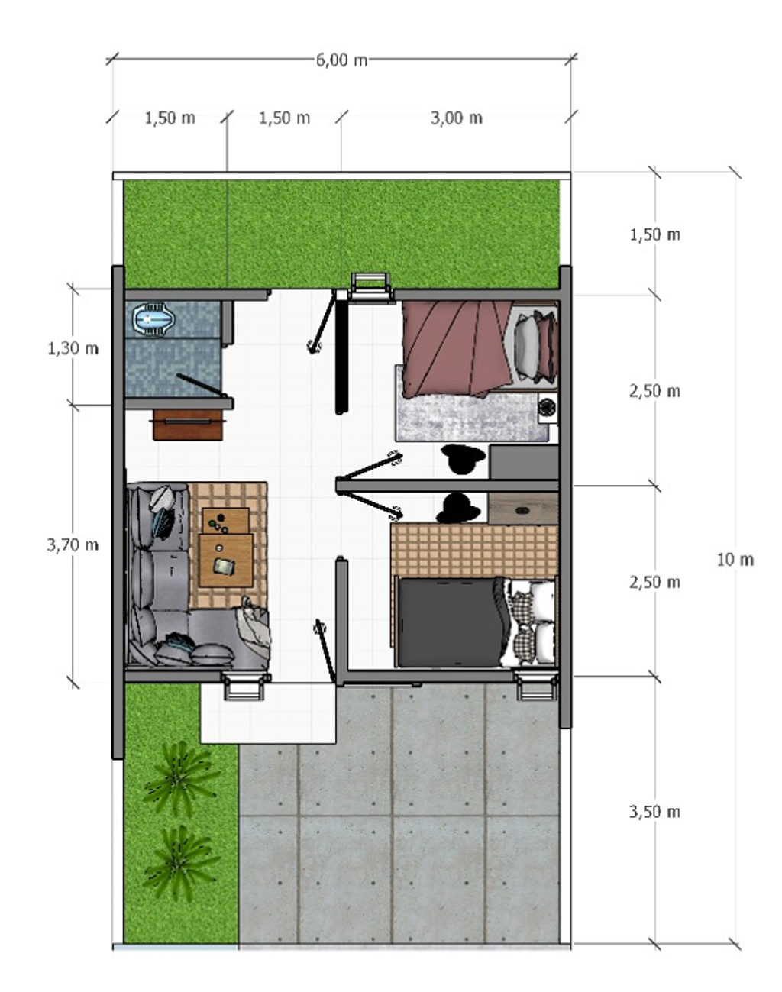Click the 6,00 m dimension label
click(341, 60)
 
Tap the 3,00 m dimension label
click(457, 118)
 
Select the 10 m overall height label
click(735, 560)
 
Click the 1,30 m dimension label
click(73, 348)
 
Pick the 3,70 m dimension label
click(73, 544)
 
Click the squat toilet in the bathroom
click(154, 318)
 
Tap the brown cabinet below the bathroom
click(188, 424)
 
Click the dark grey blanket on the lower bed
click(452, 622)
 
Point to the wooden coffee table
click(226, 548)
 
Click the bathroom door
click(202, 386)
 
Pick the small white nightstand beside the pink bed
click(548, 408)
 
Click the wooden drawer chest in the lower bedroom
click(523, 509)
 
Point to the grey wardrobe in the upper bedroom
click(524, 462)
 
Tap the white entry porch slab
click(268, 712)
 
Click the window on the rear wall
click(370, 287)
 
